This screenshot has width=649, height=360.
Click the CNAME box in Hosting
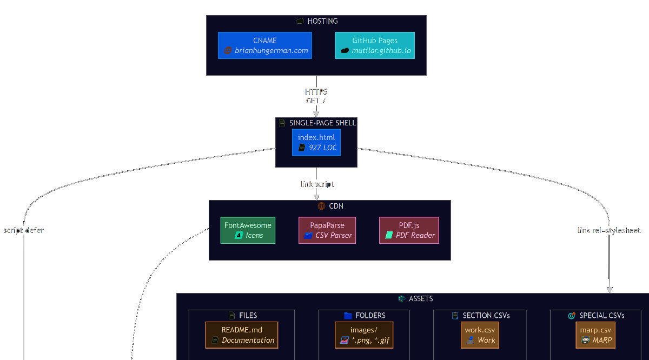265,45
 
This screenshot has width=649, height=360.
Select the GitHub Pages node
375,45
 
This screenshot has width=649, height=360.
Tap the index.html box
316,142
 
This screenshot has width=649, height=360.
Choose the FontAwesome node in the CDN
248,230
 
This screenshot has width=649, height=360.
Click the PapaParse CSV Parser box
327,230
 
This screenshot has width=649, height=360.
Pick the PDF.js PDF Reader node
409,230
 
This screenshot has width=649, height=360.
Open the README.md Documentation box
242,335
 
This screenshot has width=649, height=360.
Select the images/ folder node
364,335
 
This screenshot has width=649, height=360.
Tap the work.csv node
480,335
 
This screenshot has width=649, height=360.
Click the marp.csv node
595,335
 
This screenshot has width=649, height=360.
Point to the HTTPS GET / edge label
316,96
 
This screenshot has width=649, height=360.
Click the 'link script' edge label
317,184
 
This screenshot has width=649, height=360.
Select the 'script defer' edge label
24,230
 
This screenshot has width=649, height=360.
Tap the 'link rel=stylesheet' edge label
609,230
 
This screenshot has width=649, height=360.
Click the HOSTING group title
322,21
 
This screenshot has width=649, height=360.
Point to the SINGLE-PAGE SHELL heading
322,123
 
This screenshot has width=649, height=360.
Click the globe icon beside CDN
321,206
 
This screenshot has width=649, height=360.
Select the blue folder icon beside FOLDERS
348,316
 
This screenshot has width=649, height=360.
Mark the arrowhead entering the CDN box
316,197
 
